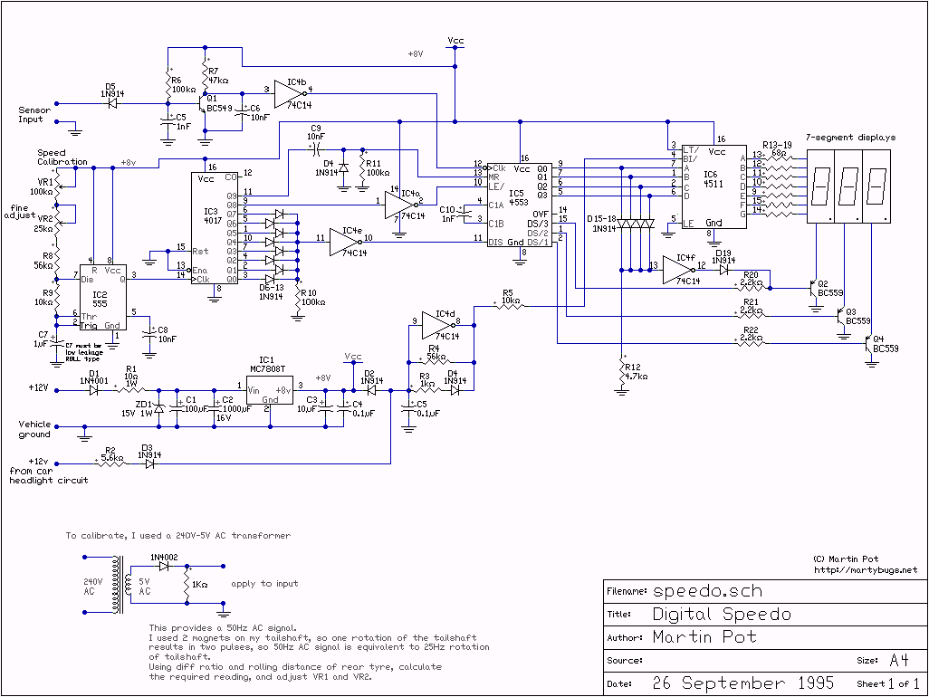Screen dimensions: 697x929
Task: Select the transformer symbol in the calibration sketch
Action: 118,580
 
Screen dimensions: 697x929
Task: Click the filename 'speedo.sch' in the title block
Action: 707,591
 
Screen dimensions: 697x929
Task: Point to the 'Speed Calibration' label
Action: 62,158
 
